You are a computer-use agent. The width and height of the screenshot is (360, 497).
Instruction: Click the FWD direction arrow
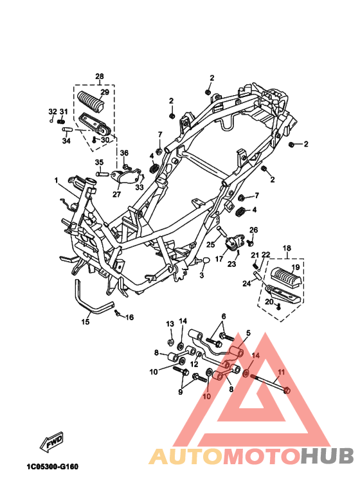51,442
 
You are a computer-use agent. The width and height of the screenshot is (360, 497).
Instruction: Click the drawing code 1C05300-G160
53,467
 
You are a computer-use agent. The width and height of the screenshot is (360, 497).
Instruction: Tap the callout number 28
99,77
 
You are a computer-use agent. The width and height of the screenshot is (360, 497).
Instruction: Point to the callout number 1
56,181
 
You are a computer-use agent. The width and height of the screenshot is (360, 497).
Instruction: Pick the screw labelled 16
117,312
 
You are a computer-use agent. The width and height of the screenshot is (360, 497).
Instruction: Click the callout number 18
287,248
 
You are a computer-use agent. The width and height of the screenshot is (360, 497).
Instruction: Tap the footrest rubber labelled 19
287,277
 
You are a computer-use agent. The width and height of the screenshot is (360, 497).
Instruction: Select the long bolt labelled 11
270,383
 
